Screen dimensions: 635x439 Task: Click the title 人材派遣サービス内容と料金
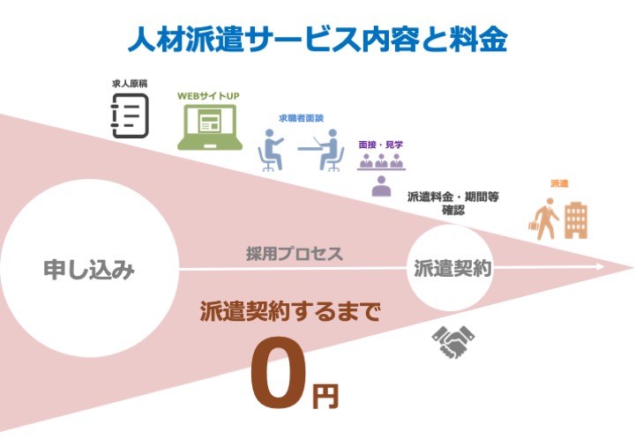tap(317, 40)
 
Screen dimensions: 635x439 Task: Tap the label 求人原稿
tap(130, 84)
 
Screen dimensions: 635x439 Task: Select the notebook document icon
tap(130, 115)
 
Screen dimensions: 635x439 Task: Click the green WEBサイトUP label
tap(208, 96)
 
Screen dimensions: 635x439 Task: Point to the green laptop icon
tap(210, 127)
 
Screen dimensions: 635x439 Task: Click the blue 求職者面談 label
tap(302, 118)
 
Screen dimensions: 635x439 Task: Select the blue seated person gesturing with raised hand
tap(271, 150)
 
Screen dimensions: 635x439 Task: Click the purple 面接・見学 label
tap(381, 145)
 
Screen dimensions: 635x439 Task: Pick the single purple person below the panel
tap(382, 186)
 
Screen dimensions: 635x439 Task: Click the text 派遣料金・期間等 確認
tap(452, 203)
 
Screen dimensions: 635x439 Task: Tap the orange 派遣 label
tap(559, 183)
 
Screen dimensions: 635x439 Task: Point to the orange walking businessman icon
tap(544, 219)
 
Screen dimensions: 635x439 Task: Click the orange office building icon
tap(576, 221)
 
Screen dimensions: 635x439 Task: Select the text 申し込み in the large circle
tap(89, 270)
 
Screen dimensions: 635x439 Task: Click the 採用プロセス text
tap(295, 254)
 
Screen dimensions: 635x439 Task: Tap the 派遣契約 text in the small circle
tap(452, 268)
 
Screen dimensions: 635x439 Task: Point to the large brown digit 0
tap(278, 372)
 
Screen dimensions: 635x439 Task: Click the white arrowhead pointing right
tap(601, 267)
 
